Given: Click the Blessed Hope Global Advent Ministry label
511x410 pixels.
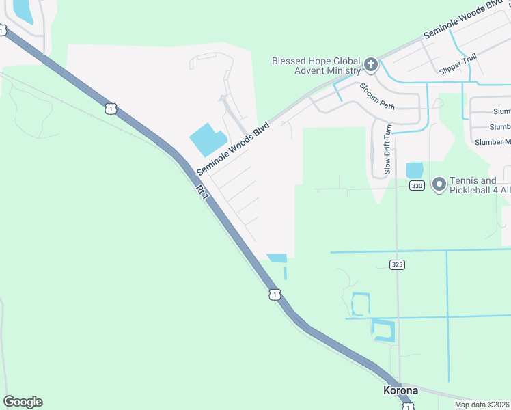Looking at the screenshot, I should (316, 66).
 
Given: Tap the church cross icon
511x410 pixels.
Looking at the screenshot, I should (370, 66).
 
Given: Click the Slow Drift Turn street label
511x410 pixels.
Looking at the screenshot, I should (387, 150).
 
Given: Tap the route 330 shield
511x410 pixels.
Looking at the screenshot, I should (416, 185).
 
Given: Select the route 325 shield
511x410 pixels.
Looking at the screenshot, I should (397, 264).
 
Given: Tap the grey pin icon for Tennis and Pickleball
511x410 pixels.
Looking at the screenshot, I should (439, 184).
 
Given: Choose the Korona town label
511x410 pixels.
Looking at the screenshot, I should (400, 390).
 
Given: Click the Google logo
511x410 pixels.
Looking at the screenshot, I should (23, 402).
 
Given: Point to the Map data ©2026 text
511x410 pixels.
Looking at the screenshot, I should (482, 405).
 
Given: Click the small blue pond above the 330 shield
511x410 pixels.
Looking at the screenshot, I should (415, 169).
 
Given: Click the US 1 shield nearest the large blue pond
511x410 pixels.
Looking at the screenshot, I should (110, 108).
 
